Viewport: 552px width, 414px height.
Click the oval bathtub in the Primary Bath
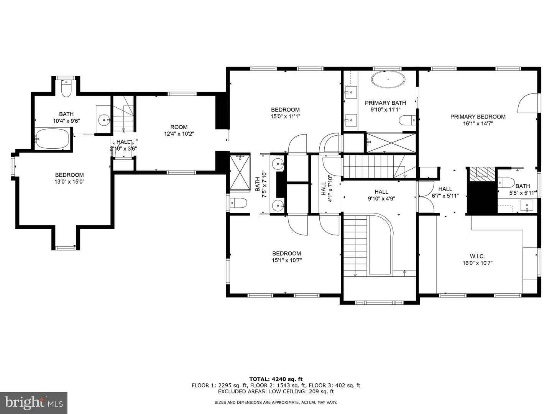click(x=388, y=79)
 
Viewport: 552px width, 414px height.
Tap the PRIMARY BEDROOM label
click(x=478, y=117)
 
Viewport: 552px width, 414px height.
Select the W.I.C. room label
click(x=477, y=256)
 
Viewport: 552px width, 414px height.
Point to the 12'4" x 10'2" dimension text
click(x=179, y=134)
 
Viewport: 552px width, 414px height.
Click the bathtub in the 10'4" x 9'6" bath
click(x=52, y=138)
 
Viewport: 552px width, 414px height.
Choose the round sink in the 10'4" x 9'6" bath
click(x=104, y=120)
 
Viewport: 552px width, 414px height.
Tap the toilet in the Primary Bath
click(x=407, y=120)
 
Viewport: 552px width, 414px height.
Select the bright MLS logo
click(x=34, y=402)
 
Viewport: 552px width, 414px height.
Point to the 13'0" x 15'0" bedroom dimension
click(x=69, y=181)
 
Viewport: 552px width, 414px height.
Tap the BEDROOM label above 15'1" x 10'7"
click(x=287, y=253)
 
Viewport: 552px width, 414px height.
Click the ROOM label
click(x=179, y=127)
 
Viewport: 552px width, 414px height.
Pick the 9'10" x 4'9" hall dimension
click(x=381, y=199)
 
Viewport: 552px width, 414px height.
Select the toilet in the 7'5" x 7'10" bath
click(x=238, y=203)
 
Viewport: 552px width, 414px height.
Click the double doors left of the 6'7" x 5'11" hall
click(x=426, y=197)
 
